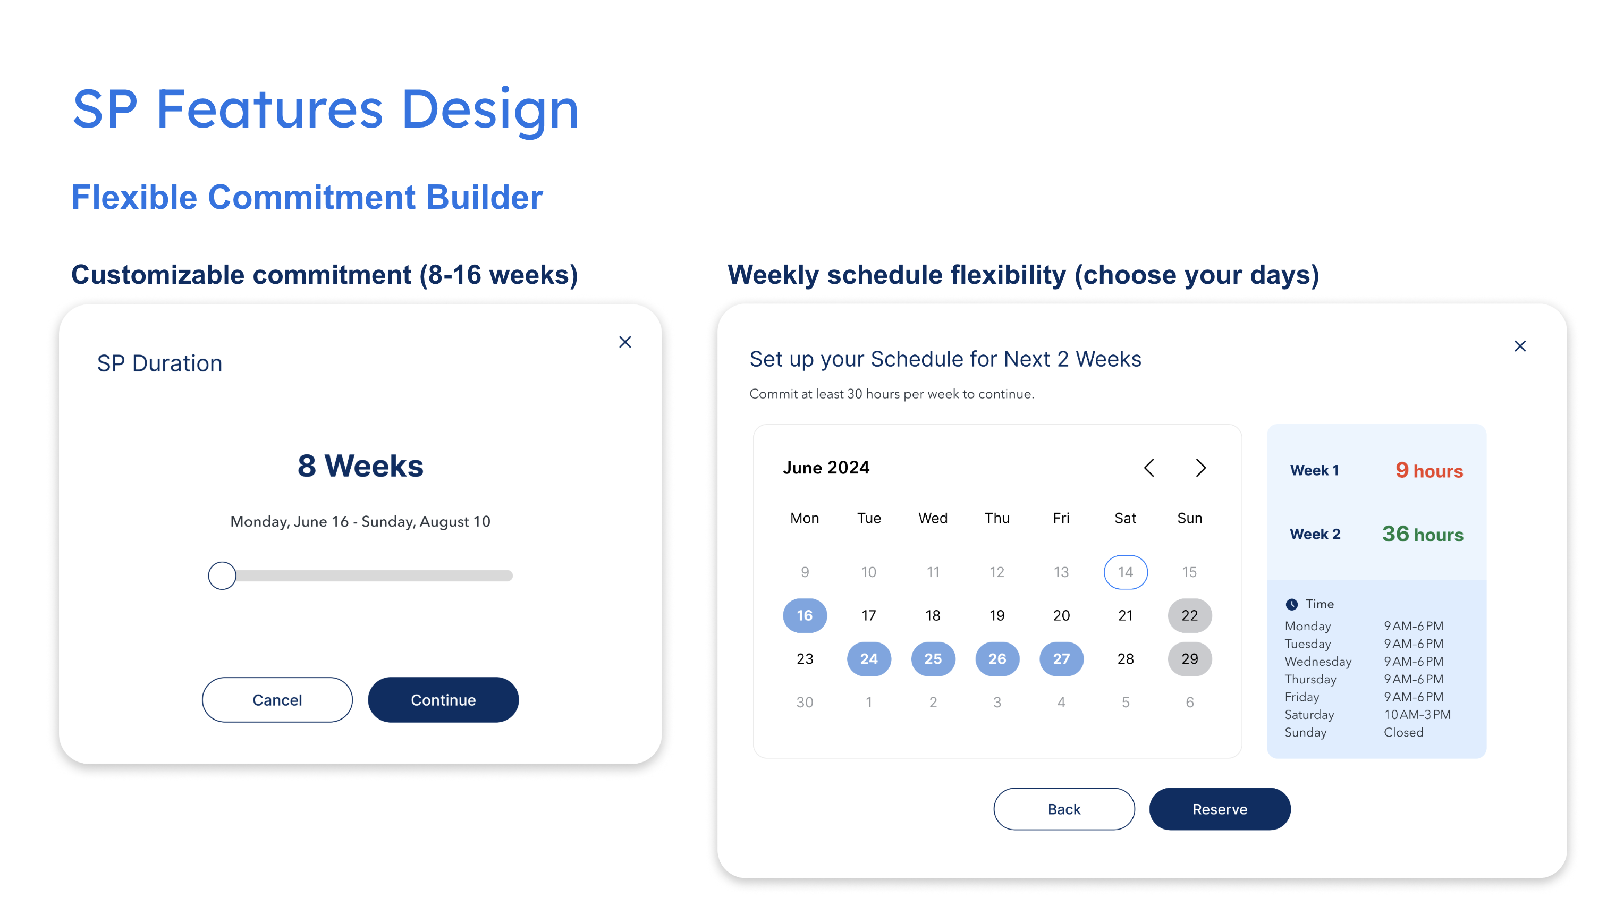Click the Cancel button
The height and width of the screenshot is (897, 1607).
pos(277,699)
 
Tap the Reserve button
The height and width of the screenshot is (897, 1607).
pos(1220,808)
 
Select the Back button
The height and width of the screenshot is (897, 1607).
pos(1064,808)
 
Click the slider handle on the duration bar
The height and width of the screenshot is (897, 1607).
pos(222,575)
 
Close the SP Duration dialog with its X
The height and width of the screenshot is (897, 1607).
pos(625,342)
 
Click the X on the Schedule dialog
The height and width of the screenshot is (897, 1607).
pos(1520,346)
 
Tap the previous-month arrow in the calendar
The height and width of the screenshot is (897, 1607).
pos(1149,468)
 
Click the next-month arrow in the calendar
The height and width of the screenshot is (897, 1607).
pos(1200,468)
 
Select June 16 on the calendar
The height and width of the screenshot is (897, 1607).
pos(805,615)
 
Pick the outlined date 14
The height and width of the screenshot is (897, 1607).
pos(1126,572)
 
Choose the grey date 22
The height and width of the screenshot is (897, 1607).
pos(1190,615)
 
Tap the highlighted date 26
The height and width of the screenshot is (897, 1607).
pos(997,659)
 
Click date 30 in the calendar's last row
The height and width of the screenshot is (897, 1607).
pos(805,702)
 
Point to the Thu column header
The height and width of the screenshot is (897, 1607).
pos(997,518)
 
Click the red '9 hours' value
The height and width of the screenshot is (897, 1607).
pos(1429,470)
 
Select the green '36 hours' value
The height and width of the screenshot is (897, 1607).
pos(1423,534)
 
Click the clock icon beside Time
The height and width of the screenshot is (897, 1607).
pos(1291,604)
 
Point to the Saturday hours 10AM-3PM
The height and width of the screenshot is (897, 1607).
pos(1417,714)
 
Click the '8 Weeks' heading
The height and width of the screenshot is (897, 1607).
pos(361,466)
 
